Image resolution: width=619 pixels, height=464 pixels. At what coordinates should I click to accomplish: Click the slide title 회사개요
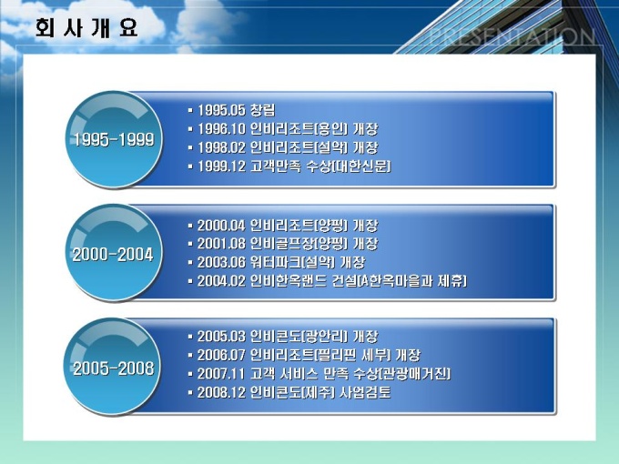(x=86, y=28)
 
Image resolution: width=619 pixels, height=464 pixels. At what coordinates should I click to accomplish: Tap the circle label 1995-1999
(x=114, y=140)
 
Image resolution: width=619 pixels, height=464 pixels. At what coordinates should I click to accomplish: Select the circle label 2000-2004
(x=113, y=255)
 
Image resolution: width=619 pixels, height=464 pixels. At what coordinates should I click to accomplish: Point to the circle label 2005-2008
(x=113, y=368)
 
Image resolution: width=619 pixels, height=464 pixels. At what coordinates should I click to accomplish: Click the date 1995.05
(x=221, y=110)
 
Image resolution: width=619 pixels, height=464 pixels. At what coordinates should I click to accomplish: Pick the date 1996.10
(x=221, y=128)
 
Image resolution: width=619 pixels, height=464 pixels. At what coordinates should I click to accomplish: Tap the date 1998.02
(x=221, y=147)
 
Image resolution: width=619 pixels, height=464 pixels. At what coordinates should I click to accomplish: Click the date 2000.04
(x=221, y=226)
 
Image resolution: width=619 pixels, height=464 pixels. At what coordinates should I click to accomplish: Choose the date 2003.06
(x=221, y=262)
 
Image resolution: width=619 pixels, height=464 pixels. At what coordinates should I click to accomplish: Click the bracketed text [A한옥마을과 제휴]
(x=411, y=281)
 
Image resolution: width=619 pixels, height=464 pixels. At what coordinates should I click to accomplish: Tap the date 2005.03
(x=221, y=337)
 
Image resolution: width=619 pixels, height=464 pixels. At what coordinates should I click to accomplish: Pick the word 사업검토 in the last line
(x=365, y=393)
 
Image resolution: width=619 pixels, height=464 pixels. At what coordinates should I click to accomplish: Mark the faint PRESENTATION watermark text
(x=512, y=36)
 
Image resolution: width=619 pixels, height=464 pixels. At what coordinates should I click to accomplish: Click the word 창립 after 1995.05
(x=263, y=110)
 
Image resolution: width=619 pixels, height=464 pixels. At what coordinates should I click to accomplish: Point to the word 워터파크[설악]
(x=293, y=262)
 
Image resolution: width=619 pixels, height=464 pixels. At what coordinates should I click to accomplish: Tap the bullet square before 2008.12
(x=190, y=393)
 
